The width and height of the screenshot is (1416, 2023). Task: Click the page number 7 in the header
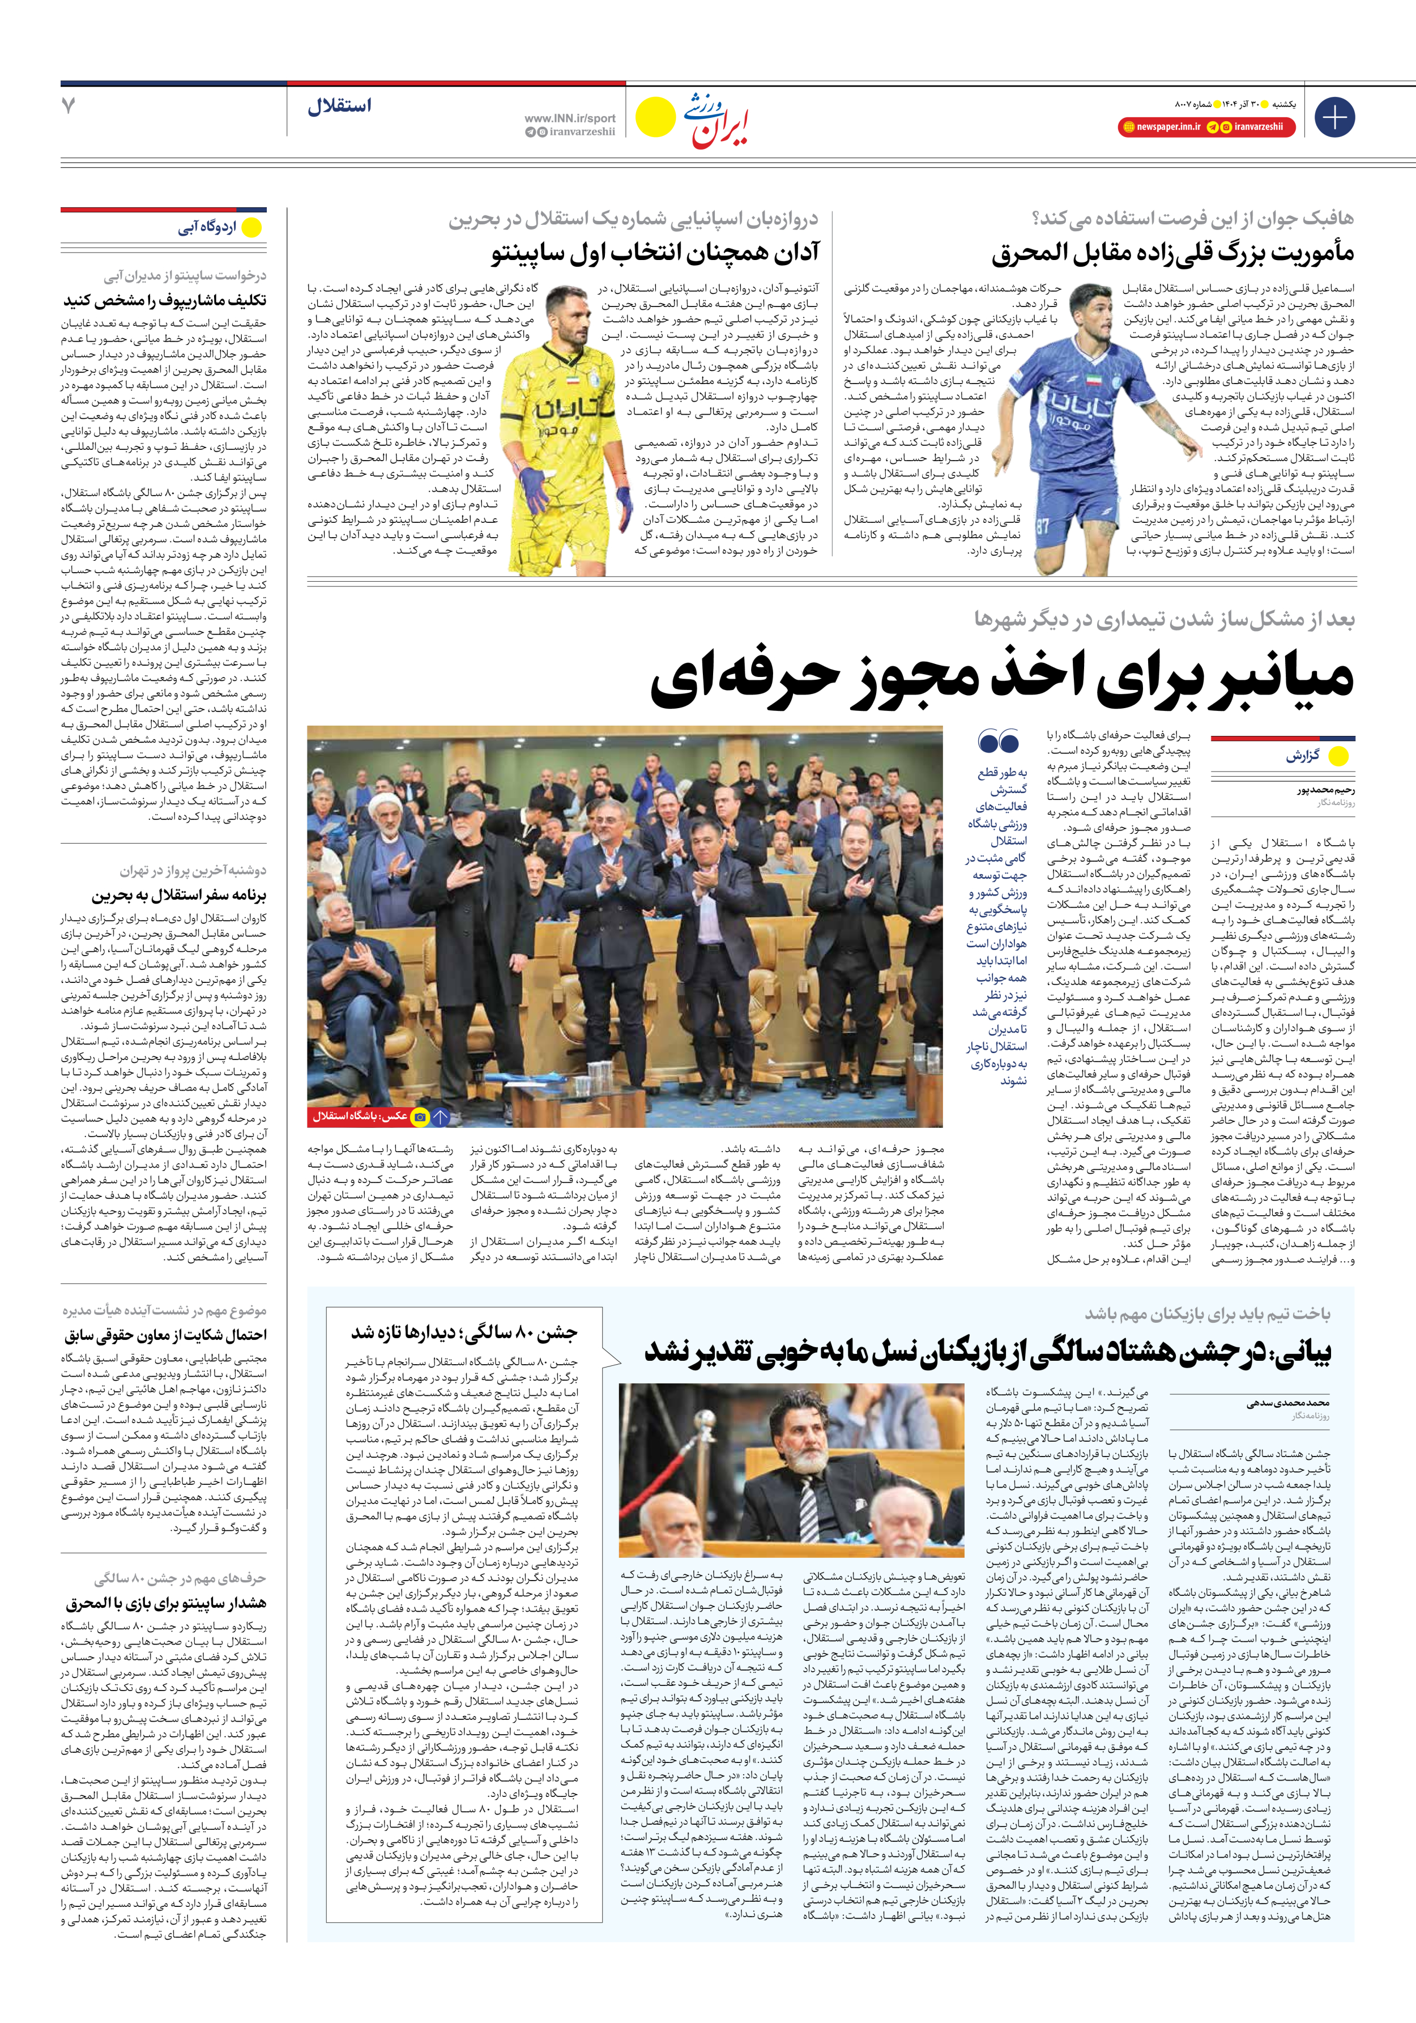[x=69, y=107]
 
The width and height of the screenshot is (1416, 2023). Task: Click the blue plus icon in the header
[x=1334, y=117]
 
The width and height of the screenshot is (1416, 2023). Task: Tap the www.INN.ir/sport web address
[x=570, y=118]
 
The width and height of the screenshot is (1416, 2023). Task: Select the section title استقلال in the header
[x=339, y=107]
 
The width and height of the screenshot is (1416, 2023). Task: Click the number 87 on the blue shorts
[x=1042, y=528]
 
